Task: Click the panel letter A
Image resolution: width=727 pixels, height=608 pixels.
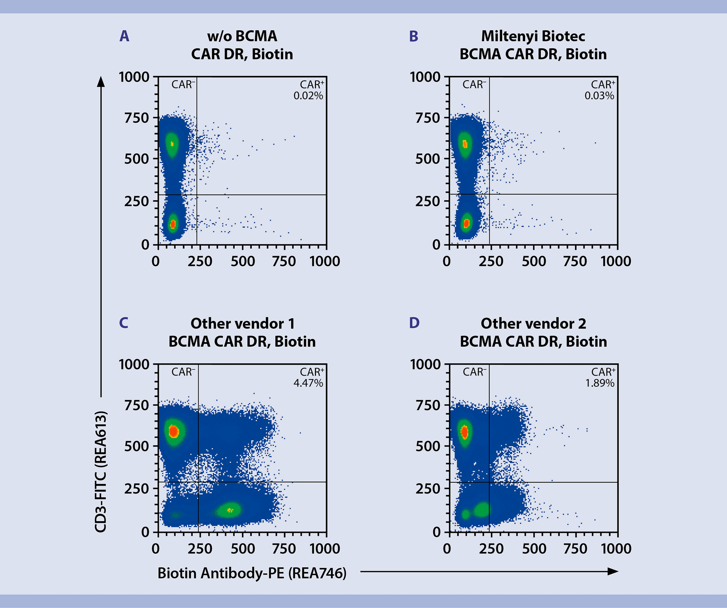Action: (124, 36)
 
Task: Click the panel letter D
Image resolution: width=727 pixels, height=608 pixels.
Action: (414, 323)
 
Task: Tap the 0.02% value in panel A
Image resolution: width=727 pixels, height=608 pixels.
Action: (308, 96)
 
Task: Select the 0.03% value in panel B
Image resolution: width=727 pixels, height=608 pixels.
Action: (599, 96)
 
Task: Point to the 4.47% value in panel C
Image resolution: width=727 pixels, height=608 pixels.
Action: (308, 383)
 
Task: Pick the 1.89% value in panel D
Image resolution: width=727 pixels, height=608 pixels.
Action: (599, 383)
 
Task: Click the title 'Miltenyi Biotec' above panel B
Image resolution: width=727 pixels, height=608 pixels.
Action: (533, 36)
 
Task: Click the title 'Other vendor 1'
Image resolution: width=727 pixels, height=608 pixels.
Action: (242, 324)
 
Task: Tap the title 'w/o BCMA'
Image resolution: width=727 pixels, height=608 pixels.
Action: (242, 36)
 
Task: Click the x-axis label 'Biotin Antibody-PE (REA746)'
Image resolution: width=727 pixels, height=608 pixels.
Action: (252, 573)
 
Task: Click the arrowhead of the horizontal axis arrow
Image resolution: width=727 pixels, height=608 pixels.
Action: (613, 571)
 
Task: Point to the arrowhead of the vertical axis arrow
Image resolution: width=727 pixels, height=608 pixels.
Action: (101, 81)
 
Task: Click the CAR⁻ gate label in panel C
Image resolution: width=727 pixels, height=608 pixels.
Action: (183, 372)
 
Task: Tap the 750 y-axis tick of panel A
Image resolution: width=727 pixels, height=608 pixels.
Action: (137, 118)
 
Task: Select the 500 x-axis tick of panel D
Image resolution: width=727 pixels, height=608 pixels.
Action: (534, 549)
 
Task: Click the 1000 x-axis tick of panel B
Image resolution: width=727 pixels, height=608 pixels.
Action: (616, 261)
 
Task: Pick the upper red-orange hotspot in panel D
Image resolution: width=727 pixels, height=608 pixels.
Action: (464, 432)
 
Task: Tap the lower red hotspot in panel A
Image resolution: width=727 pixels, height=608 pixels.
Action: (173, 224)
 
